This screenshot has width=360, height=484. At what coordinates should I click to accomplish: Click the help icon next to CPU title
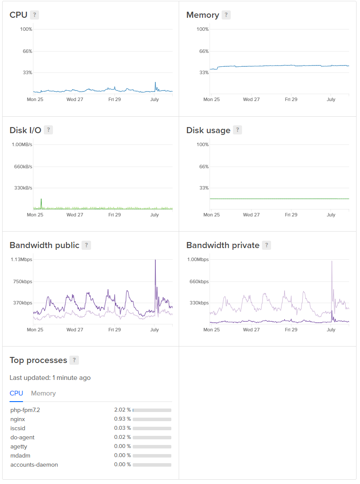coord(35,15)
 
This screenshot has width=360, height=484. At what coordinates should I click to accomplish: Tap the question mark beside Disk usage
coord(237,130)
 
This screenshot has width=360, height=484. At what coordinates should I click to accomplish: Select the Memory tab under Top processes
coord(43,393)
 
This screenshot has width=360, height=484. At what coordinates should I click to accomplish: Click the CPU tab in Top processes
coord(16,393)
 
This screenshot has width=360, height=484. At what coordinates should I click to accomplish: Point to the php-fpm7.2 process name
coord(25,410)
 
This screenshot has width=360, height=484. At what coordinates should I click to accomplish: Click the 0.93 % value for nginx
coord(122,419)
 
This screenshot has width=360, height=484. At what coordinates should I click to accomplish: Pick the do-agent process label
coord(23,437)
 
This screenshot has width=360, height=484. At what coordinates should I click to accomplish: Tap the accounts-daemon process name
coord(34,464)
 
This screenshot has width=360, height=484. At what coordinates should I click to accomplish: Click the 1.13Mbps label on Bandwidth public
coord(22,259)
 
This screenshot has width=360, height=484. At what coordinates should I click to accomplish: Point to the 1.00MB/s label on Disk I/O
coord(22,144)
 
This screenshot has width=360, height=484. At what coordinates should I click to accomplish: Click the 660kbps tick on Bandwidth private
coord(200,281)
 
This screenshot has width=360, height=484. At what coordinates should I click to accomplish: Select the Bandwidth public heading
coord(44,245)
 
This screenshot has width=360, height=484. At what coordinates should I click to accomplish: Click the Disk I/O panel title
coord(25,130)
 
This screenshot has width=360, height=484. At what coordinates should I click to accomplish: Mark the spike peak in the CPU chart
coord(155,82)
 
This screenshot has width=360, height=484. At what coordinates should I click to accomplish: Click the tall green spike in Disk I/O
coord(41,199)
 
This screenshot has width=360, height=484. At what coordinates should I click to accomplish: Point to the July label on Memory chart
coord(331,99)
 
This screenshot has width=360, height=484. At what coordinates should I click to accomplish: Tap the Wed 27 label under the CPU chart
coord(75,99)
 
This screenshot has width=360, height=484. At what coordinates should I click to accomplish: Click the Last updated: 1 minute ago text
coord(50,378)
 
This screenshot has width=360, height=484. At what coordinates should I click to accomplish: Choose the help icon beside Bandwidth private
coord(267,245)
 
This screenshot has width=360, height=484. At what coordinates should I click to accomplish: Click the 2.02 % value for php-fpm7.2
coord(122,410)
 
